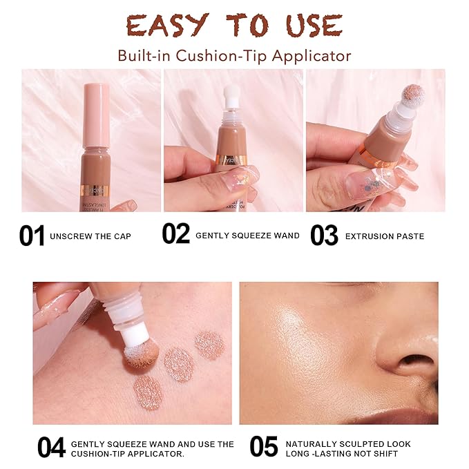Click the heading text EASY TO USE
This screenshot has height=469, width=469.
[x=234, y=26]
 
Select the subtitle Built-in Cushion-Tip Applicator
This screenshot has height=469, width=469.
[x=234, y=55]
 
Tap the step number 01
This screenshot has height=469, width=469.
[x=32, y=236]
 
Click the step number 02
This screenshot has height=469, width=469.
[x=176, y=235]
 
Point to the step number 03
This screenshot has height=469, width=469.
[x=324, y=236]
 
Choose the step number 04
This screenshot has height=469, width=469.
[x=51, y=447]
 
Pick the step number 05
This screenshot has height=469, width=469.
[x=264, y=446]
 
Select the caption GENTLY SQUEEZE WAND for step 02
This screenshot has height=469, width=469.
[x=247, y=236]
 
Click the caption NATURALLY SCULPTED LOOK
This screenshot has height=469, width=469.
[x=348, y=443]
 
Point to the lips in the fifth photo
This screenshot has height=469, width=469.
[x=408, y=414]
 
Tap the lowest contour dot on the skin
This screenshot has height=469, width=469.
[x=147, y=392]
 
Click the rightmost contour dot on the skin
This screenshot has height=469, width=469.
[x=209, y=345]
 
